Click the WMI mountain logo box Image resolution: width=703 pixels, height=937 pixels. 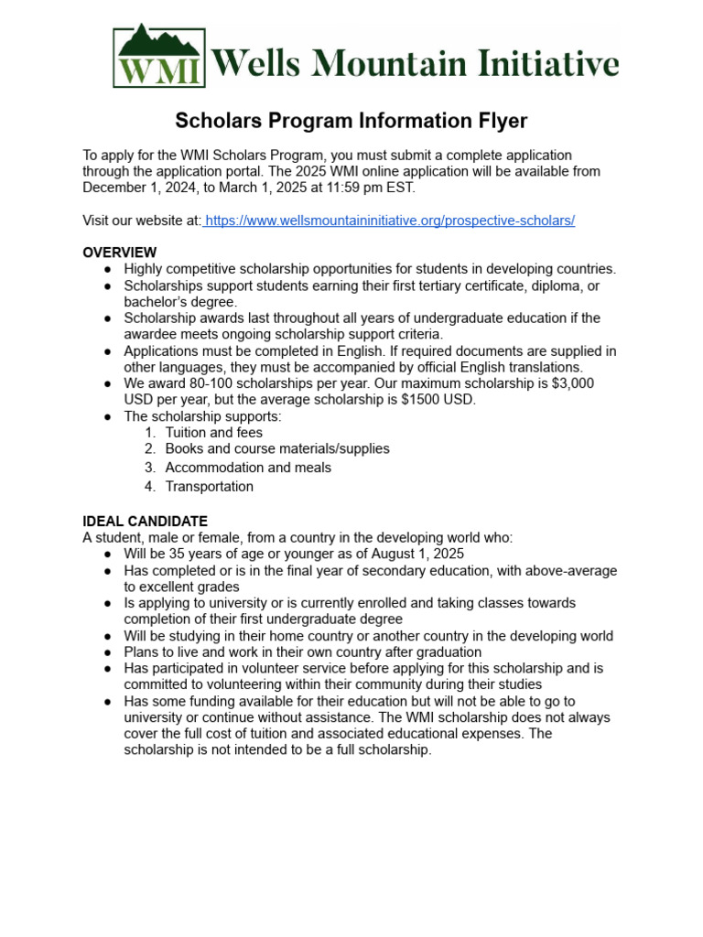point(159,57)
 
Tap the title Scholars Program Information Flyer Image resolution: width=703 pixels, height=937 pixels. point(351,121)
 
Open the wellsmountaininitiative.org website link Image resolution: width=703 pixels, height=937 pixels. point(390,221)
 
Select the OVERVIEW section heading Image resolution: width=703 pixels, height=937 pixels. point(119,253)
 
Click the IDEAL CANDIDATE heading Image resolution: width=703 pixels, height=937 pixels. point(145,521)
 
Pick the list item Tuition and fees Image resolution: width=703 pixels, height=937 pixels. point(213,432)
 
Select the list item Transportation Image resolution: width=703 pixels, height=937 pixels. point(209,486)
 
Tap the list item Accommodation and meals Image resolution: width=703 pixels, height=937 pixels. point(248,468)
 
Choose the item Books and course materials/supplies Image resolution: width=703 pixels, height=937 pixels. point(276,448)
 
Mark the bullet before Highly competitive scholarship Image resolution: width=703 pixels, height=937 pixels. point(108,269)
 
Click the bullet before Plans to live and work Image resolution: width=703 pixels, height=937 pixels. point(108,652)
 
